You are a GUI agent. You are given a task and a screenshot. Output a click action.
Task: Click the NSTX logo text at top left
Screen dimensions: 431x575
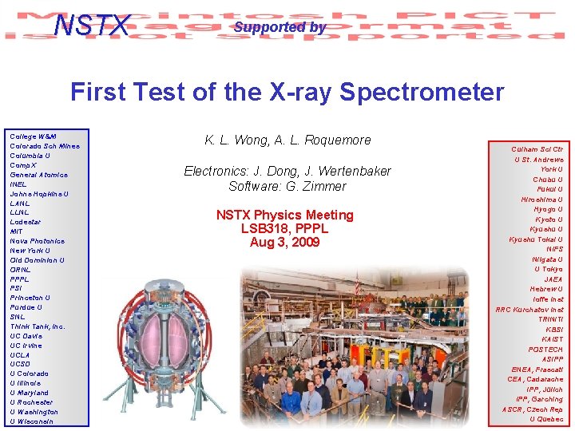click(91, 26)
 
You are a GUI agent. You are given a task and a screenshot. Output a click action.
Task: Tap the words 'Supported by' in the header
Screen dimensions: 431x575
click(280, 27)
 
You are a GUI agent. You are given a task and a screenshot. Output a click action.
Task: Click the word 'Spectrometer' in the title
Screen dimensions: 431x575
click(424, 93)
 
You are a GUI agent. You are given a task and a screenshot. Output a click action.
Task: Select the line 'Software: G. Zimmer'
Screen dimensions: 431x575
click(287, 187)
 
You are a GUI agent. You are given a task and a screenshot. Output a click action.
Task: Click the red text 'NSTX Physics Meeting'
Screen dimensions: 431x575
click(284, 215)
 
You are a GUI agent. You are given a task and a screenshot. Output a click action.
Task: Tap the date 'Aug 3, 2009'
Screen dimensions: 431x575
click(284, 242)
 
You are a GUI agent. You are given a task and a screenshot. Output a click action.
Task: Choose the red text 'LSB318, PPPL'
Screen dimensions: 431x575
click(284, 228)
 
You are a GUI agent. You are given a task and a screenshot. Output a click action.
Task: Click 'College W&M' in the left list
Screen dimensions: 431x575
click(33, 136)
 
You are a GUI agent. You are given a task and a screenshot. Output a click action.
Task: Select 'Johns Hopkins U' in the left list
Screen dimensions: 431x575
click(39, 194)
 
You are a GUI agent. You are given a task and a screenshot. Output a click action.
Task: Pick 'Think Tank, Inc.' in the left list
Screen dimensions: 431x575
click(38, 326)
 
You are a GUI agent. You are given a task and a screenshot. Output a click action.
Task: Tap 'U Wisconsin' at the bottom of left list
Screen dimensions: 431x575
click(32, 421)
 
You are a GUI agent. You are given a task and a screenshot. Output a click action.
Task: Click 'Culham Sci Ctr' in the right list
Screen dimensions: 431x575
click(537, 149)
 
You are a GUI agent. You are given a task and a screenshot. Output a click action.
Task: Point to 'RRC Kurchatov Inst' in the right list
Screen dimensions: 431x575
click(529, 310)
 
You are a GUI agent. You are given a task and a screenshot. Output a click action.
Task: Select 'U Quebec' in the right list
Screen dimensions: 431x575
click(545, 419)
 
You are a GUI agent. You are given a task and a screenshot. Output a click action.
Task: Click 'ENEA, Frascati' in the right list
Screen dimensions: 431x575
click(537, 370)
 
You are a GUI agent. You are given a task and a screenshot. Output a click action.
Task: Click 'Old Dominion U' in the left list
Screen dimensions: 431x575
click(38, 260)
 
